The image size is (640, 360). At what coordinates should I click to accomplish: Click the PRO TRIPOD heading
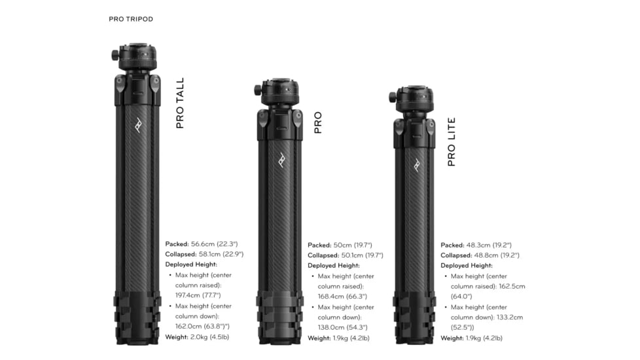point(131,19)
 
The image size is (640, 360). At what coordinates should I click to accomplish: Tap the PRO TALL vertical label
point(180,103)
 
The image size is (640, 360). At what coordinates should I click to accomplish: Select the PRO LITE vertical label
point(452,142)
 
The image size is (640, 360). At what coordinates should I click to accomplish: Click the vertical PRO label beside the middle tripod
point(318,122)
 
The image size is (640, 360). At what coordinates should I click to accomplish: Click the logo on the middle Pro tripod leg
point(281,159)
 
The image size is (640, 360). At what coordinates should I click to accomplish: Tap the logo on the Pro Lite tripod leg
point(416,164)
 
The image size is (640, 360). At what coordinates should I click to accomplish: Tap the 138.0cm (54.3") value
point(344,327)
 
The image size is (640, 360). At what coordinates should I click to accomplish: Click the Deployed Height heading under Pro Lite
point(467,266)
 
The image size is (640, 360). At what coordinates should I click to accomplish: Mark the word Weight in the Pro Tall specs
point(177,336)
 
